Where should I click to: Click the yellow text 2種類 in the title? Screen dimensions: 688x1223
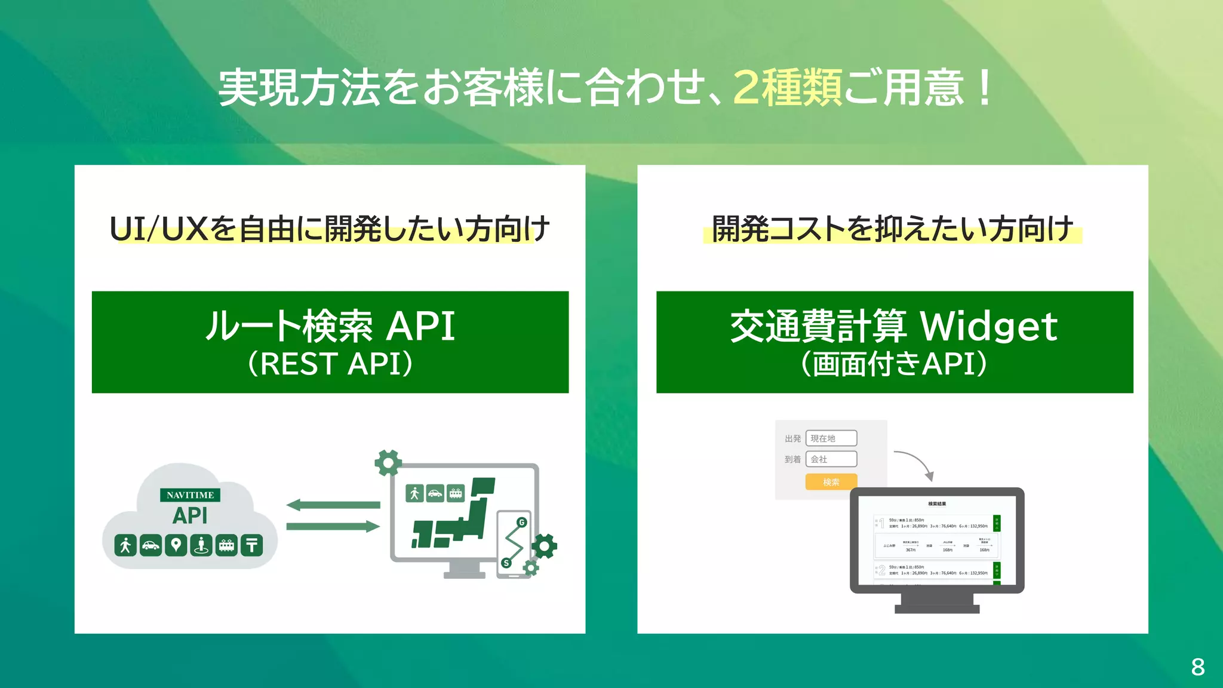(x=787, y=88)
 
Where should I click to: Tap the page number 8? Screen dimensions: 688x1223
(x=1197, y=667)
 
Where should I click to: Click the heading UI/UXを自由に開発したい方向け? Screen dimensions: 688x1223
(x=330, y=229)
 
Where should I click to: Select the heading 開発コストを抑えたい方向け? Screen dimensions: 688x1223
(x=892, y=229)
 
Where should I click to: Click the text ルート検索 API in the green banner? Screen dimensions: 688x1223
(x=330, y=326)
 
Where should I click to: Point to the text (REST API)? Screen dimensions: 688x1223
(x=330, y=364)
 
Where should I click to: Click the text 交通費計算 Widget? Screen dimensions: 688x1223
(x=894, y=326)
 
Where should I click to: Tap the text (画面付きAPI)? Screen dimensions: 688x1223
(x=894, y=364)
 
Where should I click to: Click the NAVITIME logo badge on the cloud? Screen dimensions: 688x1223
(x=190, y=495)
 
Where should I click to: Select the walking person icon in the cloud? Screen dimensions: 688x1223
(x=125, y=545)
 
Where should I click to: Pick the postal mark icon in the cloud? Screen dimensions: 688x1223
(x=251, y=545)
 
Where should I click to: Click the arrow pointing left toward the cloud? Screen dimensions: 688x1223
(x=333, y=505)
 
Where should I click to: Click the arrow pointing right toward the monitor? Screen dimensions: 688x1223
(x=333, y=526)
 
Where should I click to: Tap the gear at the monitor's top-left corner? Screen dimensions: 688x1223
(x=388, y=462)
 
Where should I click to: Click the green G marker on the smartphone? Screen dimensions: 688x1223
(x=521, y=522)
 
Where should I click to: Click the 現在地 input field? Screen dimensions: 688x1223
(x=831, y=438)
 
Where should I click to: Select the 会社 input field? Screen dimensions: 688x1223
(x=831, y=459)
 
